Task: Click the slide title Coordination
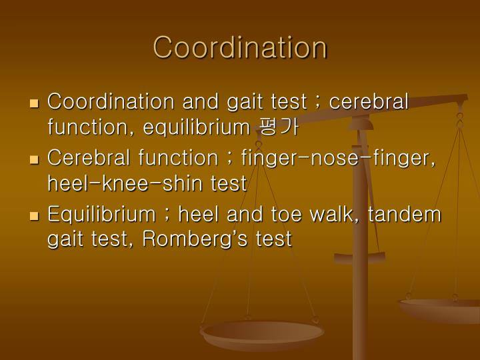click(240, 47)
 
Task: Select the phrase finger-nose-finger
click(339, 159)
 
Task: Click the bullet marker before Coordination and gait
click(35, 104)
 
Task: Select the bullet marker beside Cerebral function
click(35, 160)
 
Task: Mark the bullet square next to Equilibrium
click(35, 217)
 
